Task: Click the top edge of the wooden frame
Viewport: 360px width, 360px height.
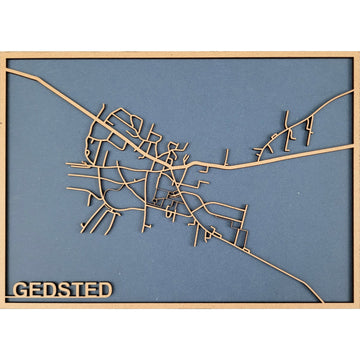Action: coord(180,55)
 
